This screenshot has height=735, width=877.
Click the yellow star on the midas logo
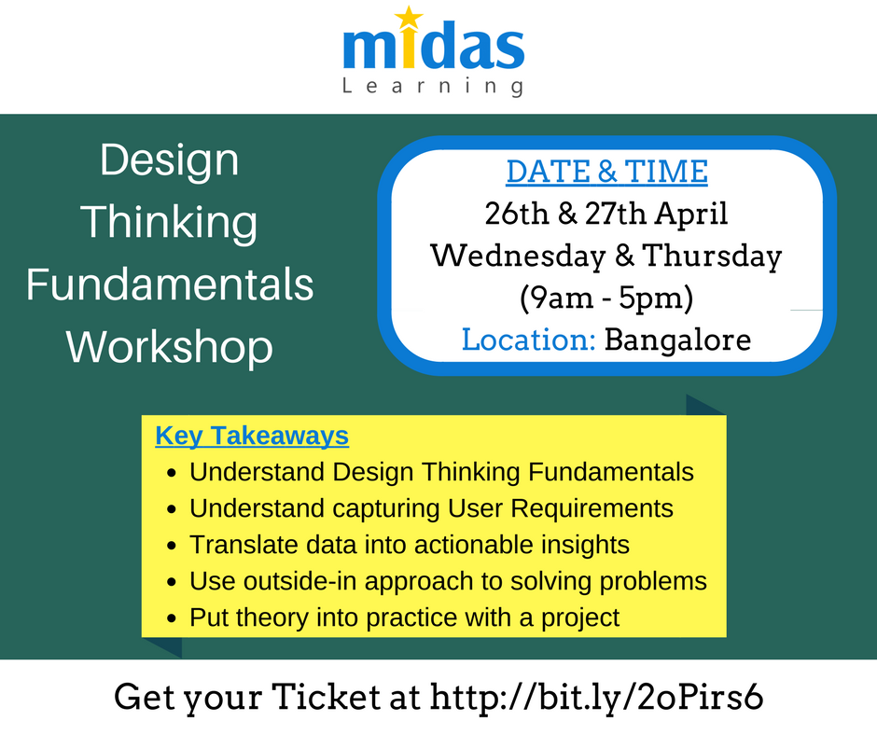[x=408, y=17]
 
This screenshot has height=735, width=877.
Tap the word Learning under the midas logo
[x=432, y=87]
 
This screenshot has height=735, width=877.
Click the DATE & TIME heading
[x=606, y=172]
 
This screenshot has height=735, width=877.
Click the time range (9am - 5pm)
[x=606, y=298]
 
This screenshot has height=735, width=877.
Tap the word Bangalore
[x=677, y=340]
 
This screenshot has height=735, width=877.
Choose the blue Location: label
[x=529, y=340]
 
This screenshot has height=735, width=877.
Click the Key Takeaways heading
[x=252, y=436]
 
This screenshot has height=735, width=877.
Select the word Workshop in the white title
[x=170, y=346]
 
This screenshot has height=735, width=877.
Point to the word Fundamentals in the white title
[x=170, y=284]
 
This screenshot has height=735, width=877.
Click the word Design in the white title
[x=170, y=159]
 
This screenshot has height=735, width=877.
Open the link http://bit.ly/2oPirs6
[x=596, y=698]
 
